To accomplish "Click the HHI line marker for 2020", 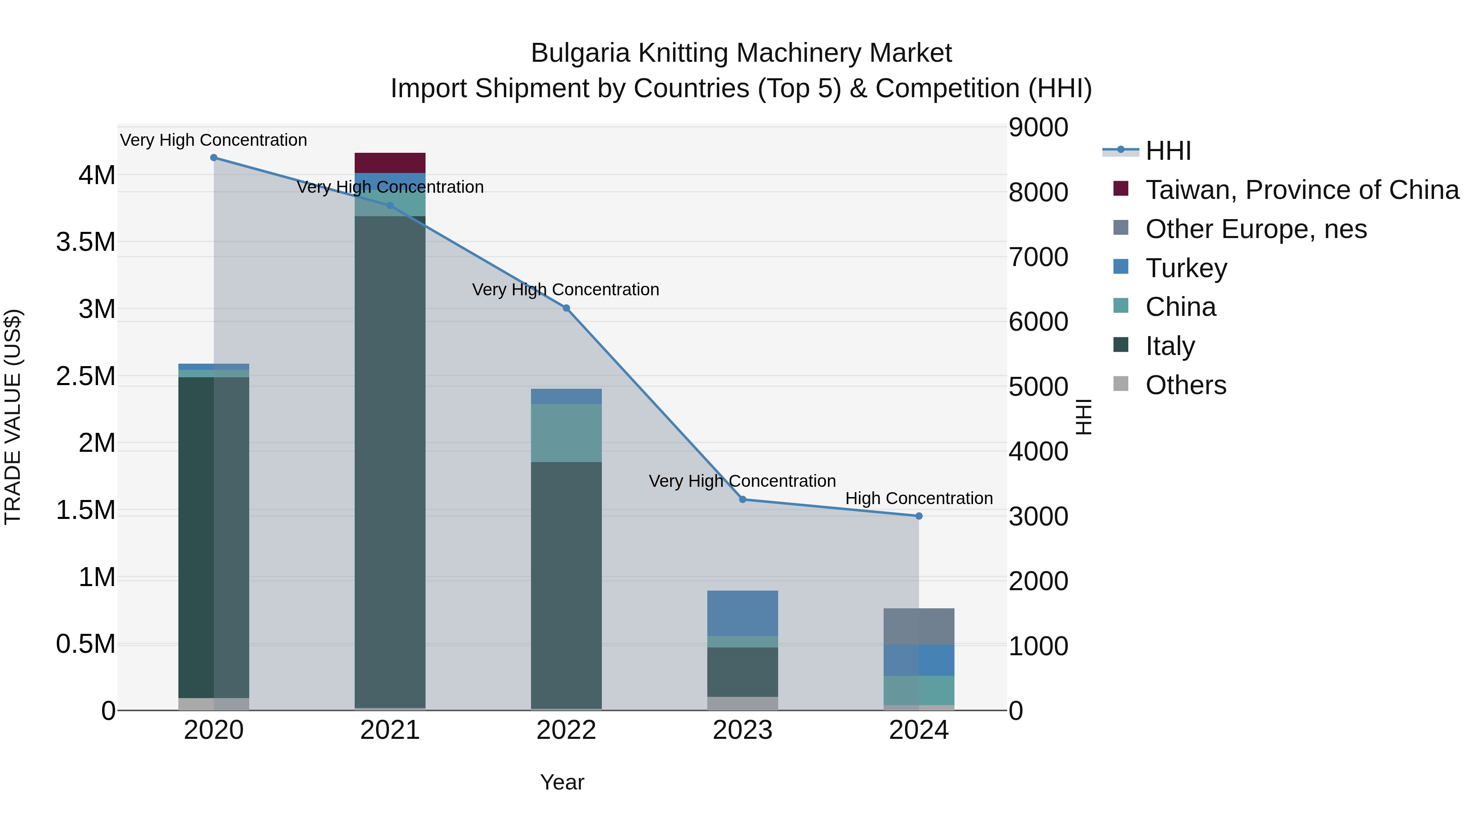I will [x=213, y=158].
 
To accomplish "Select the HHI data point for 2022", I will [x=566, y=308].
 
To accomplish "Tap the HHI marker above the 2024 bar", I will [x=919, y=516].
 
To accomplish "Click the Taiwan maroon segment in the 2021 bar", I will [x=390, y=163].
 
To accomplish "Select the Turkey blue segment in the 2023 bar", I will [x=743, y=613].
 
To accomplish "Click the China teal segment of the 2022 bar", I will [x=566, y=433].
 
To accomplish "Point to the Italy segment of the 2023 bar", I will [x=743, y=672].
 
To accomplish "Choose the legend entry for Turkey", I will [x=1186, y=268].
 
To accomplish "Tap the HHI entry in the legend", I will [x=1168, y=151].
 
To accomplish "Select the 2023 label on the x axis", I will [x=743, y=730].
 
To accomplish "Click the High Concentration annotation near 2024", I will [x=919, y=498].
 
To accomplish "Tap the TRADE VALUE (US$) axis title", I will [x=13, y=417].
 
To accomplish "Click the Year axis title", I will [x=562, y=782].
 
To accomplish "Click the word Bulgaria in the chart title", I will [x=580, y=53].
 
